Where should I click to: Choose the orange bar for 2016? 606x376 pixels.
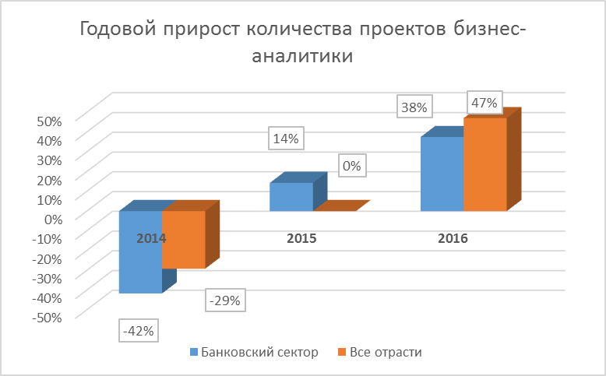pyautogui.click(x=485, y=164)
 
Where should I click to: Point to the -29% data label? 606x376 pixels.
pyautogui.click(x=226, y=300)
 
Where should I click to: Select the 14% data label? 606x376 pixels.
pyautogui.click(x=286, y=139)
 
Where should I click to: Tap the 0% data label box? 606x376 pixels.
pyautogui.click(x=353, y=166)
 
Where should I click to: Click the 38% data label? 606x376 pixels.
pyautogui.click(x=417, y=107)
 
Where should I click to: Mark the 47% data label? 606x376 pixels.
pyautogui.click(x=484, y=103)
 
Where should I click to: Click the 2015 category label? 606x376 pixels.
pyautogui.click(x=301, y=238)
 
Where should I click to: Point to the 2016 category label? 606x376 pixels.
pyautogui.click(x=453, y=238)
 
